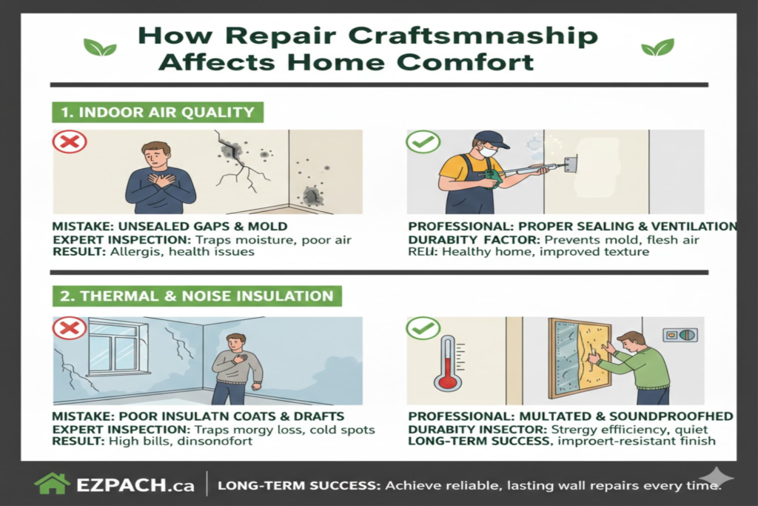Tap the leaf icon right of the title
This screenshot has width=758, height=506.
[657, 47]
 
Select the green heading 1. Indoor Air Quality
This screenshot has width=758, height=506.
[158, 113]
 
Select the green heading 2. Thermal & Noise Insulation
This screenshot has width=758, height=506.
[197, 296]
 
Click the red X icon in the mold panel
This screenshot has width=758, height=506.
[70, 142]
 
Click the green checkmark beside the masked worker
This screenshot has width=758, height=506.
[423, 142]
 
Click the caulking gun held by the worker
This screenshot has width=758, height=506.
[518, 173]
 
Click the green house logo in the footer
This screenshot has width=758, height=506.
[53, 485]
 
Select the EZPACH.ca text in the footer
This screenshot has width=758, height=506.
[135, 485]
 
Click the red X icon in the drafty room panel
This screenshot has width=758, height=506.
[70, 327]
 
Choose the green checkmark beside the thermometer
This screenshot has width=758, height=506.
[423, 327]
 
